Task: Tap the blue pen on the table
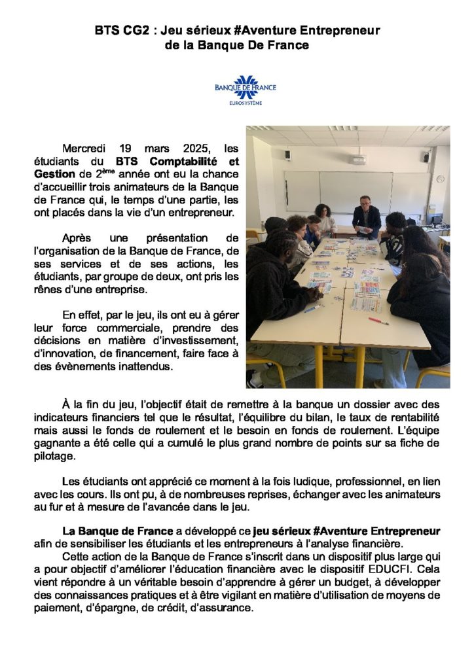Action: click(312, 308)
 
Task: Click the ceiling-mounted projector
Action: click(357, 159)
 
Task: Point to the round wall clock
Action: click(440, 179)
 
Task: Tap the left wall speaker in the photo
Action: click(287, 155)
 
